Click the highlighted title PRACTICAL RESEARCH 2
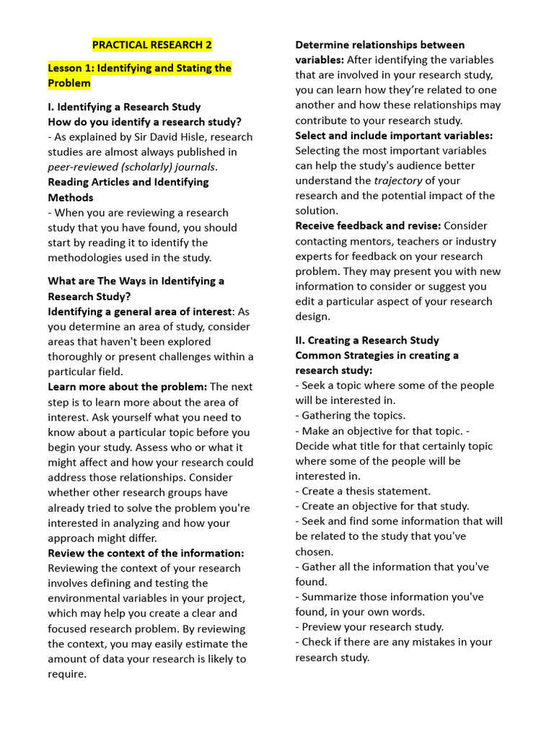click(x=151, y=45)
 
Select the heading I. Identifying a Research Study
click(x=124, y=107)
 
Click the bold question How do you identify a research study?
click(x=144, y=122)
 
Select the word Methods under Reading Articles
click(x=71, y=197)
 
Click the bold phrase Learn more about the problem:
click(x=127, y=387)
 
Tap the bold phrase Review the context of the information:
click(x=146, y=553)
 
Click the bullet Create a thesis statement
click(x=365, y=491)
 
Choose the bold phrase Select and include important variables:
click(x=394, y=135)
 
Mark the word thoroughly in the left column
click(x=81, y=357)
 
